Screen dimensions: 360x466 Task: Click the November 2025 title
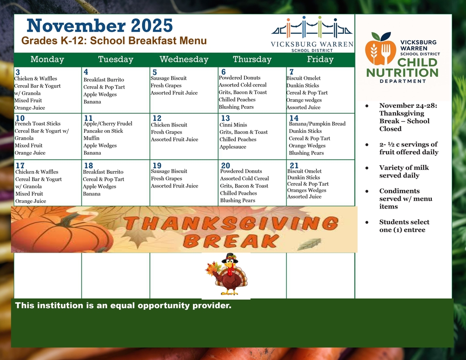click(100, 25)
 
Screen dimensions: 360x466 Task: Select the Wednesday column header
click(184, 60)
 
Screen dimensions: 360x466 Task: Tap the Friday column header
click(320, 60)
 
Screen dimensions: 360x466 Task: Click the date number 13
click(225, 118)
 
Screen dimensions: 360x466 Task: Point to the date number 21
click(294, 166)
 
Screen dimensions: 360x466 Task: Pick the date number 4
click(86, 72)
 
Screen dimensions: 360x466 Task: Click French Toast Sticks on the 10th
click(38, 124)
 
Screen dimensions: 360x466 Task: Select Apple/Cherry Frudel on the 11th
click(108, 124)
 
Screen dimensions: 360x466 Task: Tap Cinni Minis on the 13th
click(233, 125)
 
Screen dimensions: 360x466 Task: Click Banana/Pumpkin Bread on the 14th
click(317, 124)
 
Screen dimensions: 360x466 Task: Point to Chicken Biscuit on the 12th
click(169, 125)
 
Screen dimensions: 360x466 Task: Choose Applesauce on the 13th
click(233, 147)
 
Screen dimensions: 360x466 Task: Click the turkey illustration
click(228, 275)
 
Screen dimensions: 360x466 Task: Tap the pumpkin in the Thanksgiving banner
click(59, 232)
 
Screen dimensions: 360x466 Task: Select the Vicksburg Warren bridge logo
click(312, 30)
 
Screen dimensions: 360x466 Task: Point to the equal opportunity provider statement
click(123, 305)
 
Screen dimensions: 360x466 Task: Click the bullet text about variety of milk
click(403, 172)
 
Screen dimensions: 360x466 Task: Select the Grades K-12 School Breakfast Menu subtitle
click(114, 41)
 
